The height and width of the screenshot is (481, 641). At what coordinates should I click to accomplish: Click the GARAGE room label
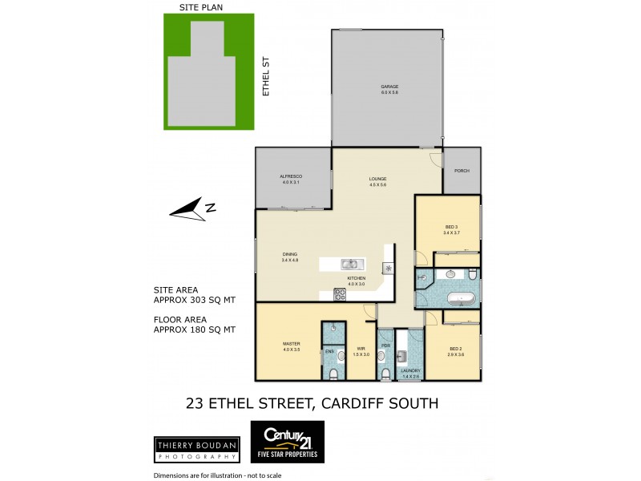click(x=389, y=87)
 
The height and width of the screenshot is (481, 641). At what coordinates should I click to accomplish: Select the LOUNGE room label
click(x=378, y=179)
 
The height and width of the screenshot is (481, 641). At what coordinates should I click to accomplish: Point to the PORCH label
click(x=462, y=171)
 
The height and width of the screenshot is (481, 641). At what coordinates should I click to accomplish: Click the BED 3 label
click(x=451, y=228)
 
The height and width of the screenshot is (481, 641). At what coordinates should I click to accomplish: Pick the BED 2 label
click(x=455, y=349)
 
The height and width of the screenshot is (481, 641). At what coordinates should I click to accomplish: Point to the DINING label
click(x=289, y=254)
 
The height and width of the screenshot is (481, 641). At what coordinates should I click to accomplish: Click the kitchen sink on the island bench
click(x=350, y=264)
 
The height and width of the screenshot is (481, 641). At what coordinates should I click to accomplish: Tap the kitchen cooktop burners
click(x=340, y=294)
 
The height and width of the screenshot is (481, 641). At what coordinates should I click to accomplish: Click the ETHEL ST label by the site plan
click(x=266, y=76)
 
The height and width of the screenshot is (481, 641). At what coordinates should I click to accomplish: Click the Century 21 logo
click(x=288, y=442)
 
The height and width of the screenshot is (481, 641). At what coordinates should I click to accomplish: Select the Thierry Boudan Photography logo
click(x=196, y=448)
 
